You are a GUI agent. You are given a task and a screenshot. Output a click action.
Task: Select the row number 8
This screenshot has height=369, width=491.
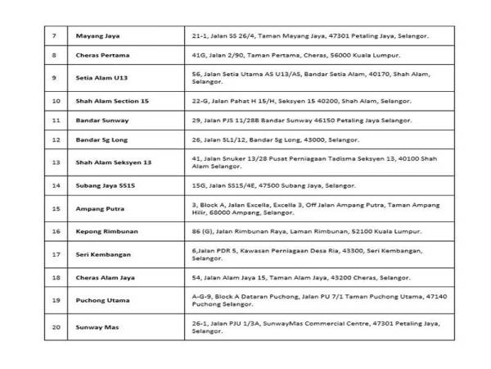[x=53, y=56]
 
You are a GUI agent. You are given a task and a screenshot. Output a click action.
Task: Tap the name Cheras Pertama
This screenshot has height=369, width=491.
[x=101, y=56]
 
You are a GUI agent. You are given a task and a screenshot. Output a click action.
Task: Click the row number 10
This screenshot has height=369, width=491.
[x=55, y=101]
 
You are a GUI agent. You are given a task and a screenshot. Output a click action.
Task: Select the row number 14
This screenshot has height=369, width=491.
[x=55, y=186]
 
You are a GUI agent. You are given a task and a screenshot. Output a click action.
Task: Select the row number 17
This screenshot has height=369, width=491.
[x=55, y=254]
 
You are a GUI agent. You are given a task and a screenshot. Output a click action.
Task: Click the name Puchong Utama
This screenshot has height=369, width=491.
[x=100, y=301]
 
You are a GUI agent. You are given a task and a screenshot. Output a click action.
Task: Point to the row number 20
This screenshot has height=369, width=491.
[x=55, y=327]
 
